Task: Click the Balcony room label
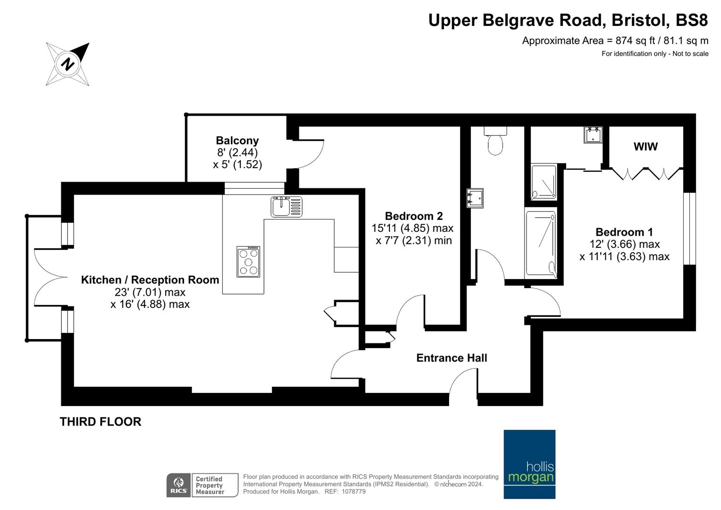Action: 237,141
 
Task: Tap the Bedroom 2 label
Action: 414,216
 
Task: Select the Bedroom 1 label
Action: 624,232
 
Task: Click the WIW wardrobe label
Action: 645,147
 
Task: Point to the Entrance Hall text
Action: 451,358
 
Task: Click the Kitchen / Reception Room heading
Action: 150,280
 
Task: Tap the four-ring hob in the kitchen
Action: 248,262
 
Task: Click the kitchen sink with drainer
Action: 287,207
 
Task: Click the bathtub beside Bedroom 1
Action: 541,245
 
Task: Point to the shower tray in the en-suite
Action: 543,182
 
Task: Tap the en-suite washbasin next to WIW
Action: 593,135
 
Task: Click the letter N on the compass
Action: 68,64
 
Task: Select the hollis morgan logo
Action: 529,464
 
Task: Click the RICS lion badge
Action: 178,485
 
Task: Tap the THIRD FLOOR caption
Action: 101,422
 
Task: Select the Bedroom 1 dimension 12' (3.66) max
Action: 624,245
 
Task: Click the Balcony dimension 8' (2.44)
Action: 238,152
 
